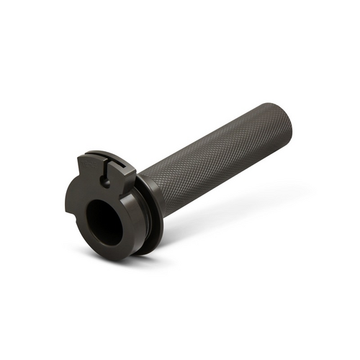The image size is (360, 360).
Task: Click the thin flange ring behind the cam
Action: click(151, 216)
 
